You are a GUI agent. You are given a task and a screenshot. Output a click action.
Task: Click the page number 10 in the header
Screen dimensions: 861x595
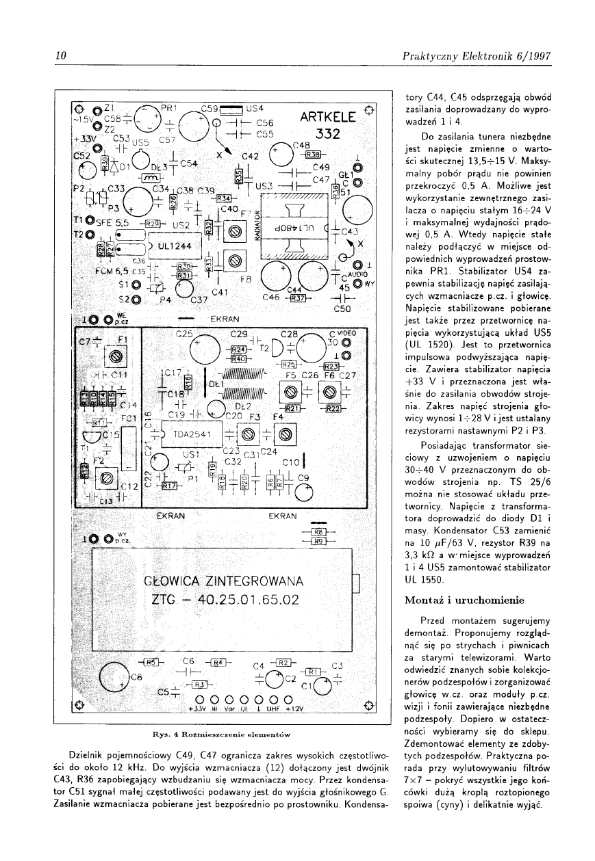[60, 57]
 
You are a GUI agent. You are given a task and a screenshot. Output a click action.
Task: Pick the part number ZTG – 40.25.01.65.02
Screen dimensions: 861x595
[225, 601]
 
